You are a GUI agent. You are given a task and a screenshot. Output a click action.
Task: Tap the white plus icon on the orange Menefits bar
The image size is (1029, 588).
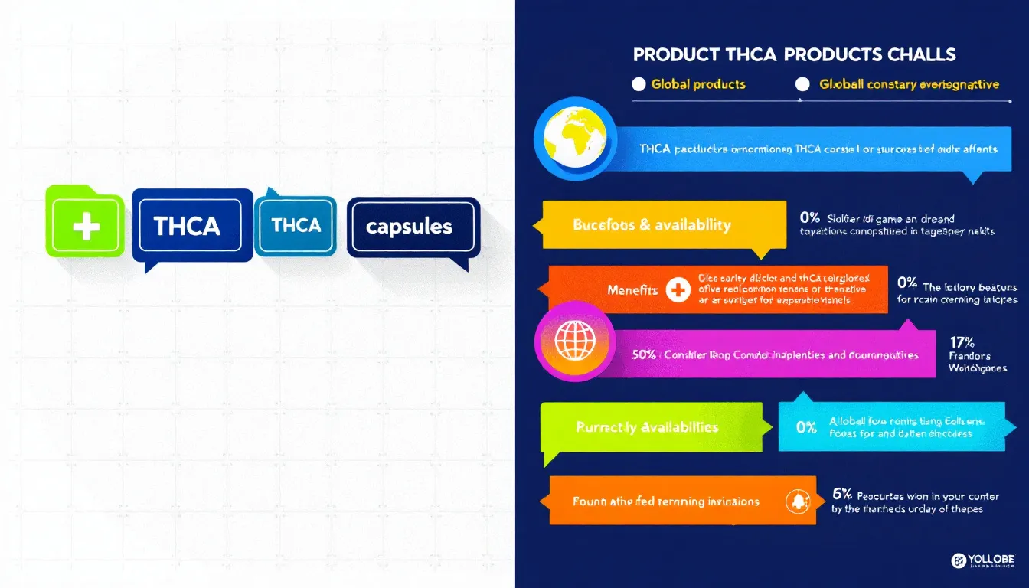[677, 291]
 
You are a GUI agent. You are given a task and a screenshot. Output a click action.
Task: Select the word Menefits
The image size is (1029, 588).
[632, 291]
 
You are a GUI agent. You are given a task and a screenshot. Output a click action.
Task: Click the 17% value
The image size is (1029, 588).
[962, 343]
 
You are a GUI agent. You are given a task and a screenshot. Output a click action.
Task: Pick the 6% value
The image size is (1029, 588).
[841, 495]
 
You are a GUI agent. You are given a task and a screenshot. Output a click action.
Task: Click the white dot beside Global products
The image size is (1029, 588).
[639, 85]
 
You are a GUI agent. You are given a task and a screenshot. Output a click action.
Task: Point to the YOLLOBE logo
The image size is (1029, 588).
[987, 562]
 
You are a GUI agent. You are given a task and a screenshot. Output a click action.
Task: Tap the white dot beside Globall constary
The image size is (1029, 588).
[803, 85]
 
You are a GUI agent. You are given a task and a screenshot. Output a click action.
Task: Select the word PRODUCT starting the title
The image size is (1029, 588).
[675, 55]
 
